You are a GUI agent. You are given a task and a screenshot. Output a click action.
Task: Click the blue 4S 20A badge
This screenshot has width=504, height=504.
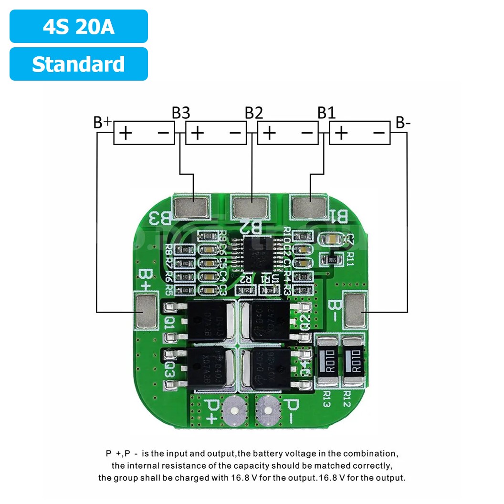pos(78,27)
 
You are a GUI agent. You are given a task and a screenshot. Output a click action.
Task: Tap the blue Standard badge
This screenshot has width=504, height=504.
pos(78,64)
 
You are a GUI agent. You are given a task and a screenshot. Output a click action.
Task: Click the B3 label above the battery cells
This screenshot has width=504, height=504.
pos(180,113)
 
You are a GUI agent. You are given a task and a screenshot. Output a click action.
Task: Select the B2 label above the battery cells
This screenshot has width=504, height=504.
pos(253,113)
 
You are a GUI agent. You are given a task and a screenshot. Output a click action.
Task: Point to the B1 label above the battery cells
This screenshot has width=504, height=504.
pos(326,113)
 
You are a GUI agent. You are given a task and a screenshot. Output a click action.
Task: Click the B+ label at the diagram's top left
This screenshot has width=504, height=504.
pos(102,122)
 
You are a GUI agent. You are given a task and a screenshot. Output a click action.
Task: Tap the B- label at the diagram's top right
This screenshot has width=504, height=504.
pos(403,123)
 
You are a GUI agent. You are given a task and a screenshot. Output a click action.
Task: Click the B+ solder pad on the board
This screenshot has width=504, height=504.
pos(146,312)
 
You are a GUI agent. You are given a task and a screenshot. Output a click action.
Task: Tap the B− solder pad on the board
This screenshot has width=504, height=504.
pos(355,311)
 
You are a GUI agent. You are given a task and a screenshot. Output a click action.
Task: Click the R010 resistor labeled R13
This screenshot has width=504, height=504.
pos(327,361)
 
